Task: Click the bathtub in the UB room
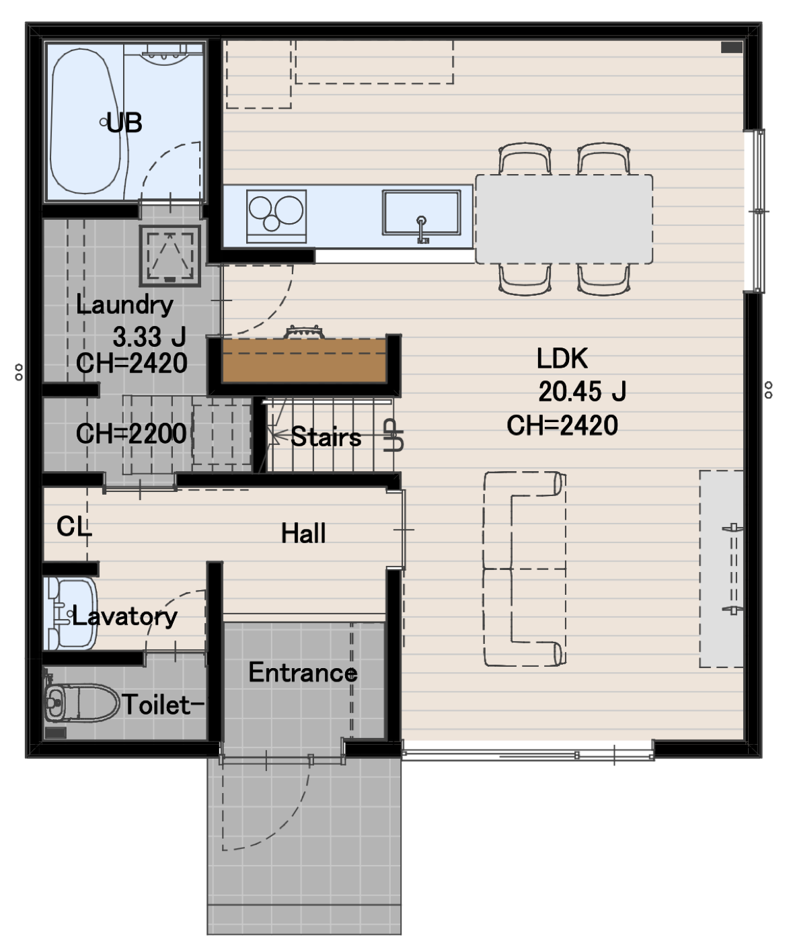[85, 122]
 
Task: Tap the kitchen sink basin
[421, 212]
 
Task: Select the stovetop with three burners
[276, 216]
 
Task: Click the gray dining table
[564, 219]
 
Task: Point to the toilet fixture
[81, 702]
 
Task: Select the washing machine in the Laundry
[169, 255]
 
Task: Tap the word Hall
[303, 533]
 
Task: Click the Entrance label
[303, 673]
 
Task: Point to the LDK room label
[562, 358]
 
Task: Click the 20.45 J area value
[582, 391]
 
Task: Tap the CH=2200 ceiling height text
[130, 434]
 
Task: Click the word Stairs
[326, 437]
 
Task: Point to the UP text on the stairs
[393, 435]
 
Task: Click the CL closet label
[74, 526]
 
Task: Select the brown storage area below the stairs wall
[305, 360]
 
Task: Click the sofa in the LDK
[525, 569]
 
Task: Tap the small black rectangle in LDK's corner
[731, 47]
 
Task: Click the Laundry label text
[124, 304]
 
